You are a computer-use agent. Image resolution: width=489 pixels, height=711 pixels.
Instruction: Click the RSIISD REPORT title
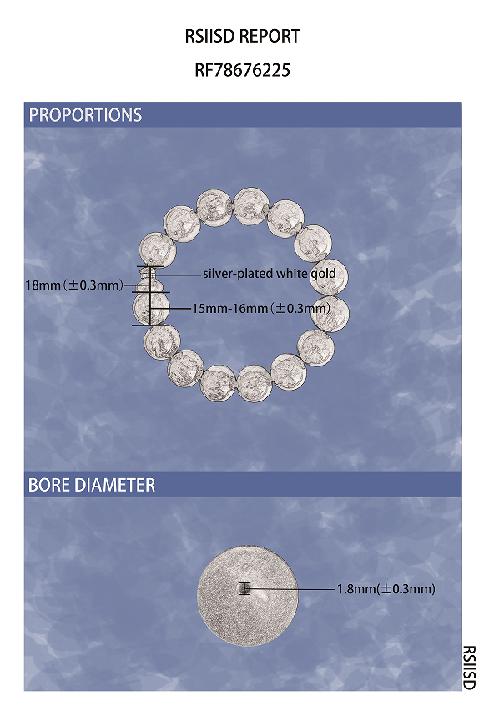243,36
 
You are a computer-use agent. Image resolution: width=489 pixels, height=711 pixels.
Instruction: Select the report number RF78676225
243,70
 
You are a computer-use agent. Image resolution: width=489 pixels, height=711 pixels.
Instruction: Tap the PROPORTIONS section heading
85,114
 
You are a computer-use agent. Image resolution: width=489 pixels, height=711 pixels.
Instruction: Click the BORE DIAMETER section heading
92,485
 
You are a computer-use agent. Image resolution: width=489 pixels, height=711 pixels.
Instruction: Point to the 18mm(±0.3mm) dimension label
74,285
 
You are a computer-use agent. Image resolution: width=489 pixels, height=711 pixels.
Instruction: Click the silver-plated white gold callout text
270,274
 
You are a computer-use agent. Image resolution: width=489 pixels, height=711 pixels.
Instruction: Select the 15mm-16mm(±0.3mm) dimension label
261,308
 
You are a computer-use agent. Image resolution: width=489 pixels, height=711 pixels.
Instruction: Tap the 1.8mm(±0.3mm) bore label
386,588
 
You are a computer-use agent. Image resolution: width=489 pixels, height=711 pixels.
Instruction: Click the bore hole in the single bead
244,589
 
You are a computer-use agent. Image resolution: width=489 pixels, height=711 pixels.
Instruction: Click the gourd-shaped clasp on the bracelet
146,280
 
